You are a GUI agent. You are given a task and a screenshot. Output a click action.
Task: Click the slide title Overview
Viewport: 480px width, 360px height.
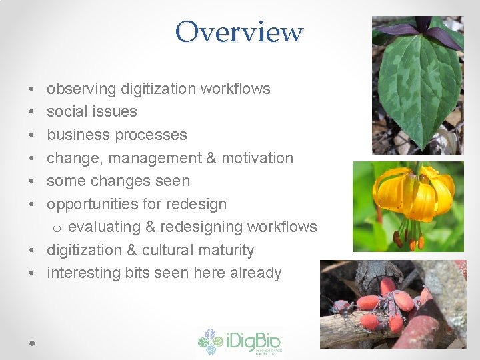coord(239,31)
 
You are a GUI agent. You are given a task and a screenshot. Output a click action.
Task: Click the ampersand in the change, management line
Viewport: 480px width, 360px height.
coord(211,158)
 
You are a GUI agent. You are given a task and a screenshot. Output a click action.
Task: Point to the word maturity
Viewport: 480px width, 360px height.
coord(230,251)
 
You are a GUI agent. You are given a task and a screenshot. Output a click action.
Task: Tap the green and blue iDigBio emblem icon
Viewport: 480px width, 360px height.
coord(211,342)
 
